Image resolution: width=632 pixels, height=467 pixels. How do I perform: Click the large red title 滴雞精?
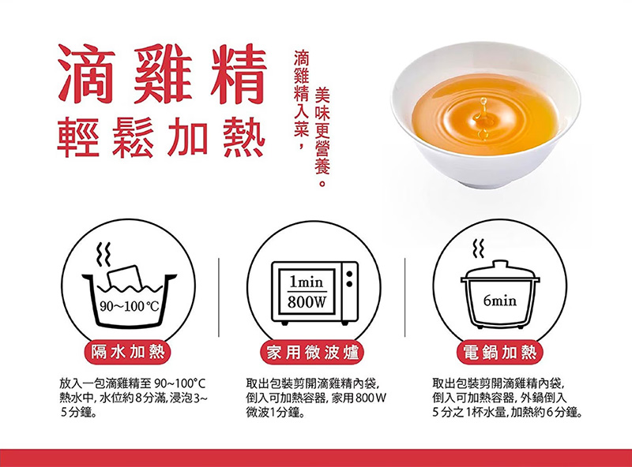pyautogui.click(x=162, y=73)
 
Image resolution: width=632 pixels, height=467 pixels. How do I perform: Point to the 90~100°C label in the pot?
pyautogui.click(x=129, y=307)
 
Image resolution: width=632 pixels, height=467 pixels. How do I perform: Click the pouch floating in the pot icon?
pyautogui.click(x=125, y=277)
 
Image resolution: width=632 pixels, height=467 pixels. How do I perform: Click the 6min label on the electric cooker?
pyautogui.click(x=499, y=301)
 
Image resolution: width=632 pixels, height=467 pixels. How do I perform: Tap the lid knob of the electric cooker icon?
pyautogui.click(x=500, y=264)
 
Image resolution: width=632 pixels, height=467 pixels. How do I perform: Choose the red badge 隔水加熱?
pyautogui.click(x=128, y=353)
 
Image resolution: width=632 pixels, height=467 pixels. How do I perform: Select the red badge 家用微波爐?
pyautogui.click(x=313, y=353)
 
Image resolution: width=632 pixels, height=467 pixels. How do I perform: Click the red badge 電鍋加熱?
pyautogui.click(x=500, y=353)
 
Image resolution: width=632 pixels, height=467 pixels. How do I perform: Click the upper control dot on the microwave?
pyautogui.click(x=350, y=275)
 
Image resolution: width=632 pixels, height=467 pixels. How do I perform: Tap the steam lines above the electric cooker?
pyautogui.click(x=479, y=248)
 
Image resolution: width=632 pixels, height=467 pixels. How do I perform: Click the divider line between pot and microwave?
pyautogui.click(x=219, y=297)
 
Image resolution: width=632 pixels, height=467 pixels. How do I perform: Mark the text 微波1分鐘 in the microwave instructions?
pyautogui.click(x=275, y=413)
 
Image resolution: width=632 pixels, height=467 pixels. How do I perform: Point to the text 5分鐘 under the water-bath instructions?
pyautogui.click(x=77, y=413)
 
